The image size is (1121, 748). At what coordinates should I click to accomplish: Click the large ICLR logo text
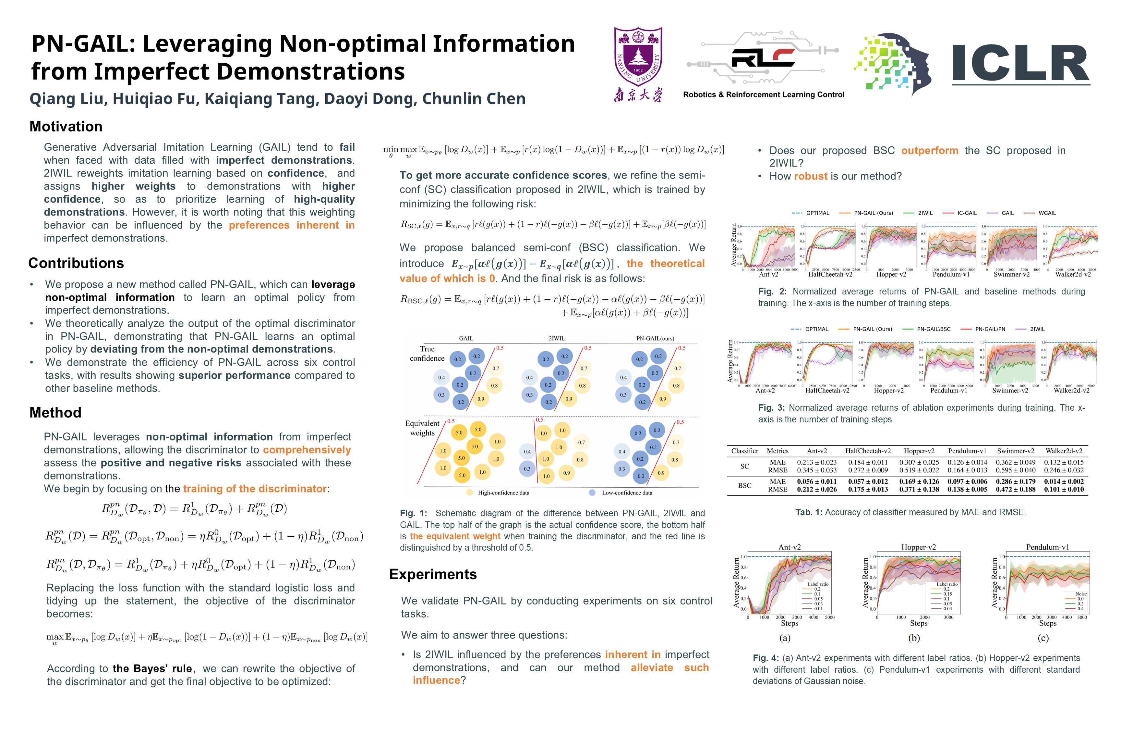coord(1021,63)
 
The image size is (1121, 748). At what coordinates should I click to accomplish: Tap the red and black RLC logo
coord(763,58)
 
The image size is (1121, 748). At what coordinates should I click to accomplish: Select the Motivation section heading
coord(66,126)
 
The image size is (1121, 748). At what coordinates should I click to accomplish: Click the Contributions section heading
coord(76,263)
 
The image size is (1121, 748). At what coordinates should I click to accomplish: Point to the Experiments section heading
coord(433,574)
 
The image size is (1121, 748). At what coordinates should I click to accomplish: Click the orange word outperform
coord(929,151)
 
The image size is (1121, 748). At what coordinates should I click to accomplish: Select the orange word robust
coord(810,177)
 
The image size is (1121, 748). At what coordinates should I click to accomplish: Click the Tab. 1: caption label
coord(809,512)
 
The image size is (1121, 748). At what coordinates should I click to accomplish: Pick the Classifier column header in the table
coord(744,451)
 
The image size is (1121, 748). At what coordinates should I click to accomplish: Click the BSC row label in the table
coord(744,485)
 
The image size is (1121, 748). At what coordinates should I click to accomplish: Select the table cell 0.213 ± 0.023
coord(816,462)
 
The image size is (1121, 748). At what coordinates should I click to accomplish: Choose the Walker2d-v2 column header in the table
coord(1064,451)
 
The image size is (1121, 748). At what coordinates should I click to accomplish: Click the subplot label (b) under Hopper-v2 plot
coord(914,638)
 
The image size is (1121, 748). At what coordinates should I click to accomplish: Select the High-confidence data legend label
coord(503,493)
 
